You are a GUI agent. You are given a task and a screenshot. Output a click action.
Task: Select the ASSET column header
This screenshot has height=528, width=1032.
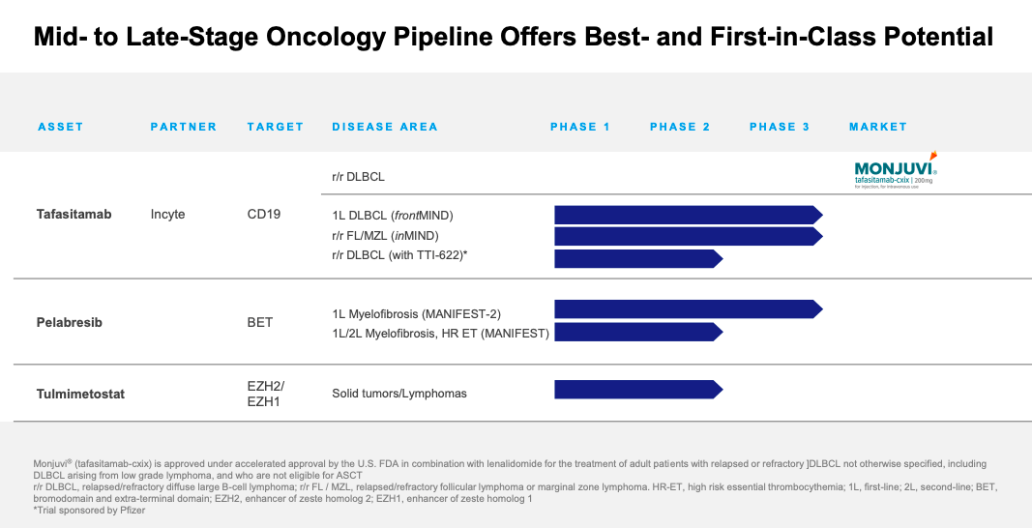click(x=61, y=127)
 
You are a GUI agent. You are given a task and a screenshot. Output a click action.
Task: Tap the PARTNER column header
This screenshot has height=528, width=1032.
click(x=184, y=127)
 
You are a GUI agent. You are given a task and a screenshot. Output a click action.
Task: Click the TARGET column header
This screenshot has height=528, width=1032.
click(x=276, y=127)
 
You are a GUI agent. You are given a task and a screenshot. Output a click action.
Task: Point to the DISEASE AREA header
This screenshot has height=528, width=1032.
click(x=385, y=127)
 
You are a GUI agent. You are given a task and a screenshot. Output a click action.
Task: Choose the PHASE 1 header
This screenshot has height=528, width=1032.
click(x=580, y=127)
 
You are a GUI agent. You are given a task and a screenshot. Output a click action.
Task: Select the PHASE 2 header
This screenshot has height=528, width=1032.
click(x=680, y=127)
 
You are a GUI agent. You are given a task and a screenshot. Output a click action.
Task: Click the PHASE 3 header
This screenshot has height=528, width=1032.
click(x=780, y=127)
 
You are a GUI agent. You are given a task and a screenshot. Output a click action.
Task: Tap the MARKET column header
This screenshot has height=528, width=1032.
click(x=878, y=127)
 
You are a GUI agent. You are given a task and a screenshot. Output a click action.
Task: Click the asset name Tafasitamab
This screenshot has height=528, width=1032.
click(x=74, y=214)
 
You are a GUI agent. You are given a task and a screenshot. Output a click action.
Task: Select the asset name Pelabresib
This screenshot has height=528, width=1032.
click(x=69, y=322)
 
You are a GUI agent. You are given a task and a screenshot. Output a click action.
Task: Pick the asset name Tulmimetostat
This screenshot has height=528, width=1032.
click(x=80, y=394)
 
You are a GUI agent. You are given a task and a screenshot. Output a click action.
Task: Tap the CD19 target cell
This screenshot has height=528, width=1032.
click(x=264, y=214)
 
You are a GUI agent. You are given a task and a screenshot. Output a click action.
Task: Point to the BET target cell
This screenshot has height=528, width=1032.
click(x=260, y=322)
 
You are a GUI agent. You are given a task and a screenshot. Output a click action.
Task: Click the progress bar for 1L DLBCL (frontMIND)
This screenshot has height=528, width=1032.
click(x=687, y=215)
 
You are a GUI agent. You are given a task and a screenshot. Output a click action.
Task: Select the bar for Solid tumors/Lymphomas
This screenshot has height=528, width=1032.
click(x=637, y=390)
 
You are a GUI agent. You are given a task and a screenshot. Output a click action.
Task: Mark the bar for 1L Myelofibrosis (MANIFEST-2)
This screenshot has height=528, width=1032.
click(x=687, y=308)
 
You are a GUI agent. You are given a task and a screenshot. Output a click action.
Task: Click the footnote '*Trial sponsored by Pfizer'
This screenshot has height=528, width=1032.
click(x=77, y=510)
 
